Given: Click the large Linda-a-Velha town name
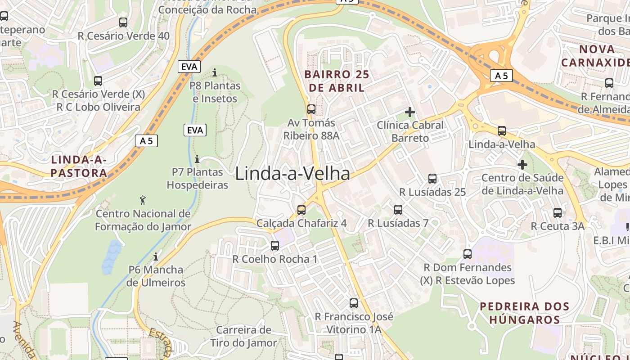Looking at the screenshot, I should coord(292,174).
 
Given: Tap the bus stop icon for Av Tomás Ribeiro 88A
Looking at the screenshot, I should coord(311,109).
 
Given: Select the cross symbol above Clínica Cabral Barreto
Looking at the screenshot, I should coord(410,112).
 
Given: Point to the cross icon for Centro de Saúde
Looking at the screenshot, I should coord(522,165).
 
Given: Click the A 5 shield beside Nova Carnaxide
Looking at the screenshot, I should coord(501,76).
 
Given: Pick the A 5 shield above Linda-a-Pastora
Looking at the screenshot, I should coord(146,140).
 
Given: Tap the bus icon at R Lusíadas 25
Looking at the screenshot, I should coord(432,179).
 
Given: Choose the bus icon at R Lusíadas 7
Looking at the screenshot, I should coord(398,210).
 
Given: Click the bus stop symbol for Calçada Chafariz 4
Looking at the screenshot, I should coord(301,210).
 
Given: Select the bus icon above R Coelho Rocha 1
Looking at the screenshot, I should coord(275,246).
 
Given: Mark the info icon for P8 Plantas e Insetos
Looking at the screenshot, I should coord(215,72).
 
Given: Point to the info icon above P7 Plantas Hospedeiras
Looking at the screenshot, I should coord(197,159).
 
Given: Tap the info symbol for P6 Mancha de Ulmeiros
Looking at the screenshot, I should coord(156,256).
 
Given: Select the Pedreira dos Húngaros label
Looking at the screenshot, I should coord(524,313).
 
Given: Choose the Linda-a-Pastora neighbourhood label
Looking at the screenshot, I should coord(79,166).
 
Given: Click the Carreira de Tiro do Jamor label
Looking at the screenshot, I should coord(243,336).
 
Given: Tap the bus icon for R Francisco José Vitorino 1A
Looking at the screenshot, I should coord(354,303).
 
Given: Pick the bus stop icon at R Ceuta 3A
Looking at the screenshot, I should coord(558,213).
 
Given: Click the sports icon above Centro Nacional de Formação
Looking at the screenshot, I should coord(143,200).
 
